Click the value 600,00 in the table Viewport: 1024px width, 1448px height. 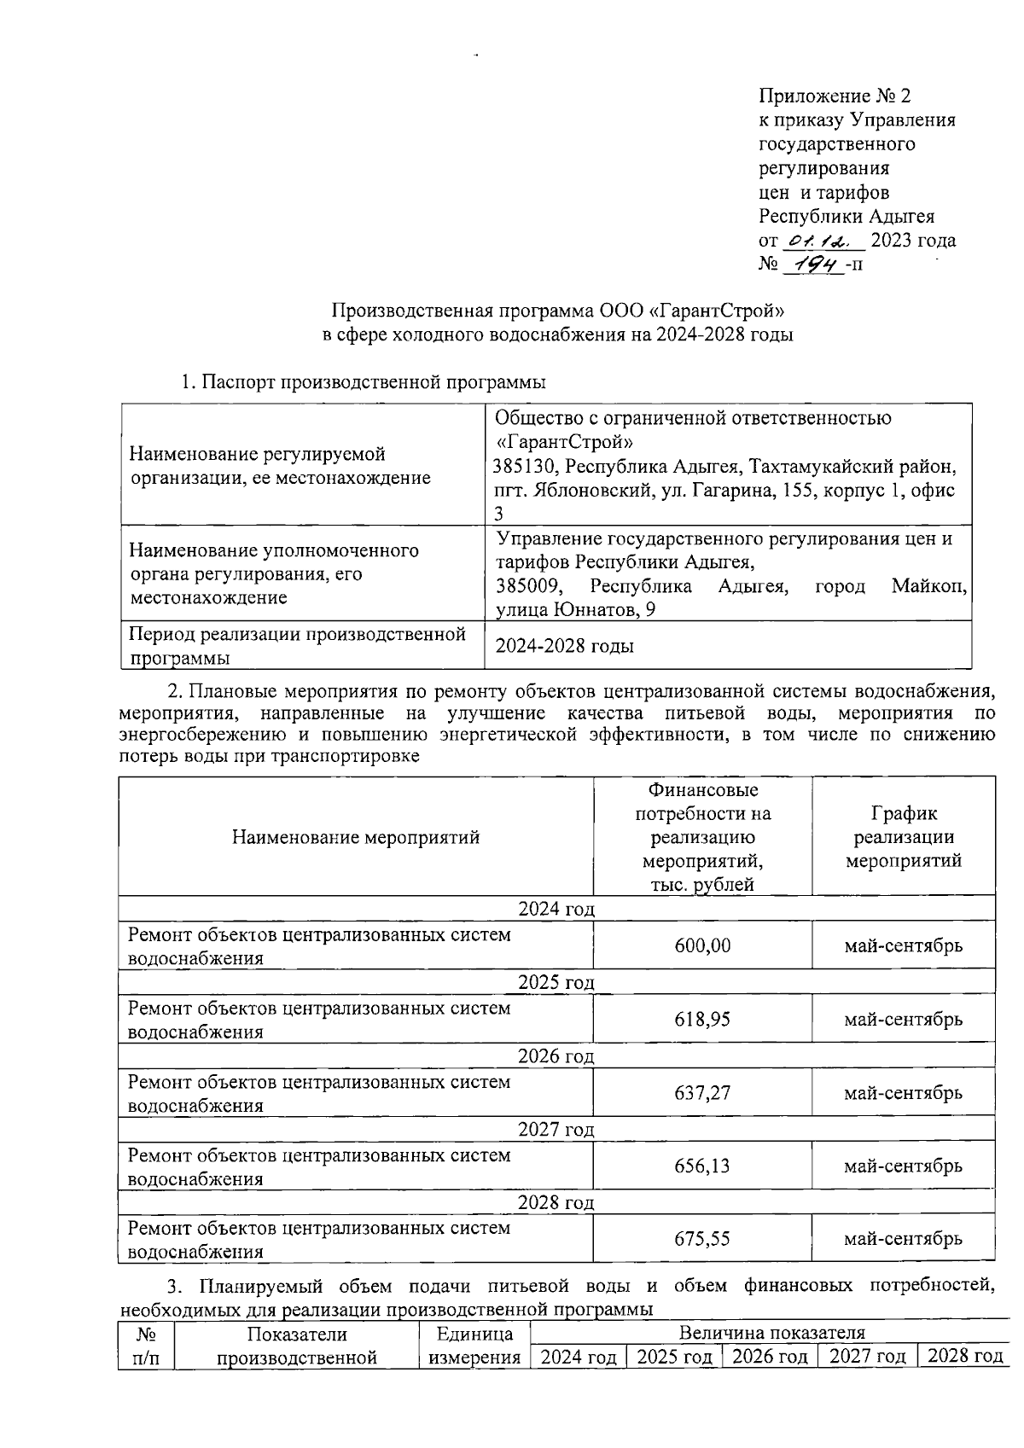point(702,945)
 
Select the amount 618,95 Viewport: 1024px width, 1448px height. point(702,1019)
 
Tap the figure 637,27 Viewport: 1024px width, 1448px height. point(702,1092)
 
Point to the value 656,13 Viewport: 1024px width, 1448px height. point(702,1166)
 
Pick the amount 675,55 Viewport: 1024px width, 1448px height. point(702,1238)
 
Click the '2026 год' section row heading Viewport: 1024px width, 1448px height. point(556,1055)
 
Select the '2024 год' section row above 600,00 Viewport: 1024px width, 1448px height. point(556,909)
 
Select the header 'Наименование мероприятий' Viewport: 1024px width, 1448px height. point(355,837)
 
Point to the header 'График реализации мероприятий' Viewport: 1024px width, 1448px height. point(903,837)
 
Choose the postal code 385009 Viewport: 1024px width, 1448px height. point(529,587)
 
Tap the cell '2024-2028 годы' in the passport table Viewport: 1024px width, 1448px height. point(565,646)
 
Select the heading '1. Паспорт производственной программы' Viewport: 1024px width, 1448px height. point(364,382)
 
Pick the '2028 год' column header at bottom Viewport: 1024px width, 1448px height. point(964,1357)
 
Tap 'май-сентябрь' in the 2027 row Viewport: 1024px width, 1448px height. point(903,1166)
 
